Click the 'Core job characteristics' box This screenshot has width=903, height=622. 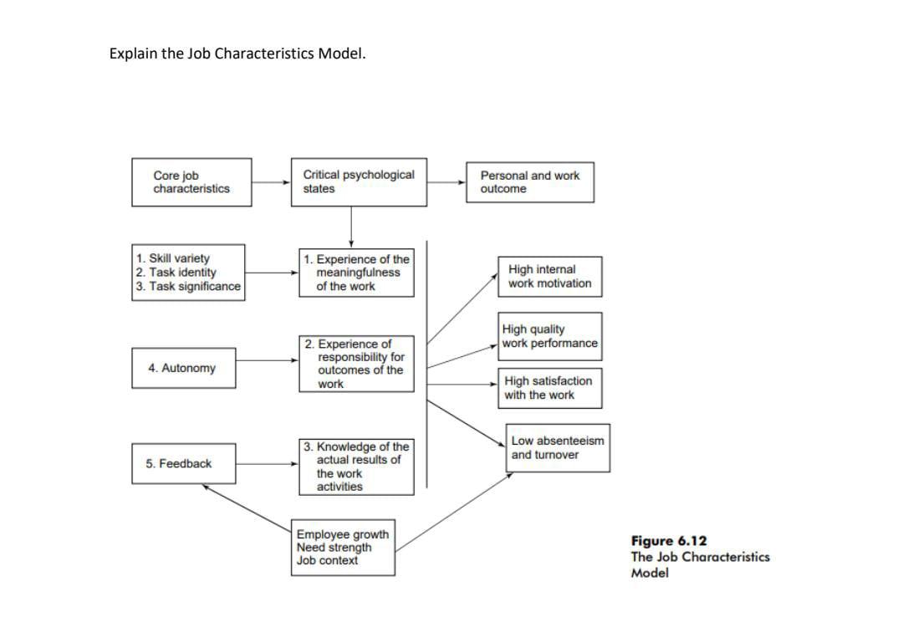pyautogui.click(x=191, y=182)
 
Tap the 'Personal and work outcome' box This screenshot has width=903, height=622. pyautogui.click(x=529, y=182)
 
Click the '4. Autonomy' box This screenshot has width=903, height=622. pyautogui.click(x=181, y=368)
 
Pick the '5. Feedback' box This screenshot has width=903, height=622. pyautogui.click(x=183, y=464)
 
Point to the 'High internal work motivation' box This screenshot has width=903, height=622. pyautogui.click(x=549, y=277)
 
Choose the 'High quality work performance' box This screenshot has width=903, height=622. pyautogui.click(x=550, y=337)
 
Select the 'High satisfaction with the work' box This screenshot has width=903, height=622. pyautogui.click(x=548, y=388)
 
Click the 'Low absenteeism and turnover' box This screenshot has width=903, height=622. pyautogui.click(x=558, y=448)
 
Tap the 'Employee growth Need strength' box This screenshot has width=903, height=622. pyautogui.click(x=343, y=548)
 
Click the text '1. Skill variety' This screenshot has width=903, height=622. pyautogui.click(x=173, y=258)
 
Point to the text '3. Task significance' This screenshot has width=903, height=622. pyautogui.click(x=188, y=287)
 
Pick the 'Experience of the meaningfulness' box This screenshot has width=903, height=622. pyautogui.click(x=356, y=273)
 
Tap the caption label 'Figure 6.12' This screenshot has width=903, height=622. pyautogui.click(x=663, y=541)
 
